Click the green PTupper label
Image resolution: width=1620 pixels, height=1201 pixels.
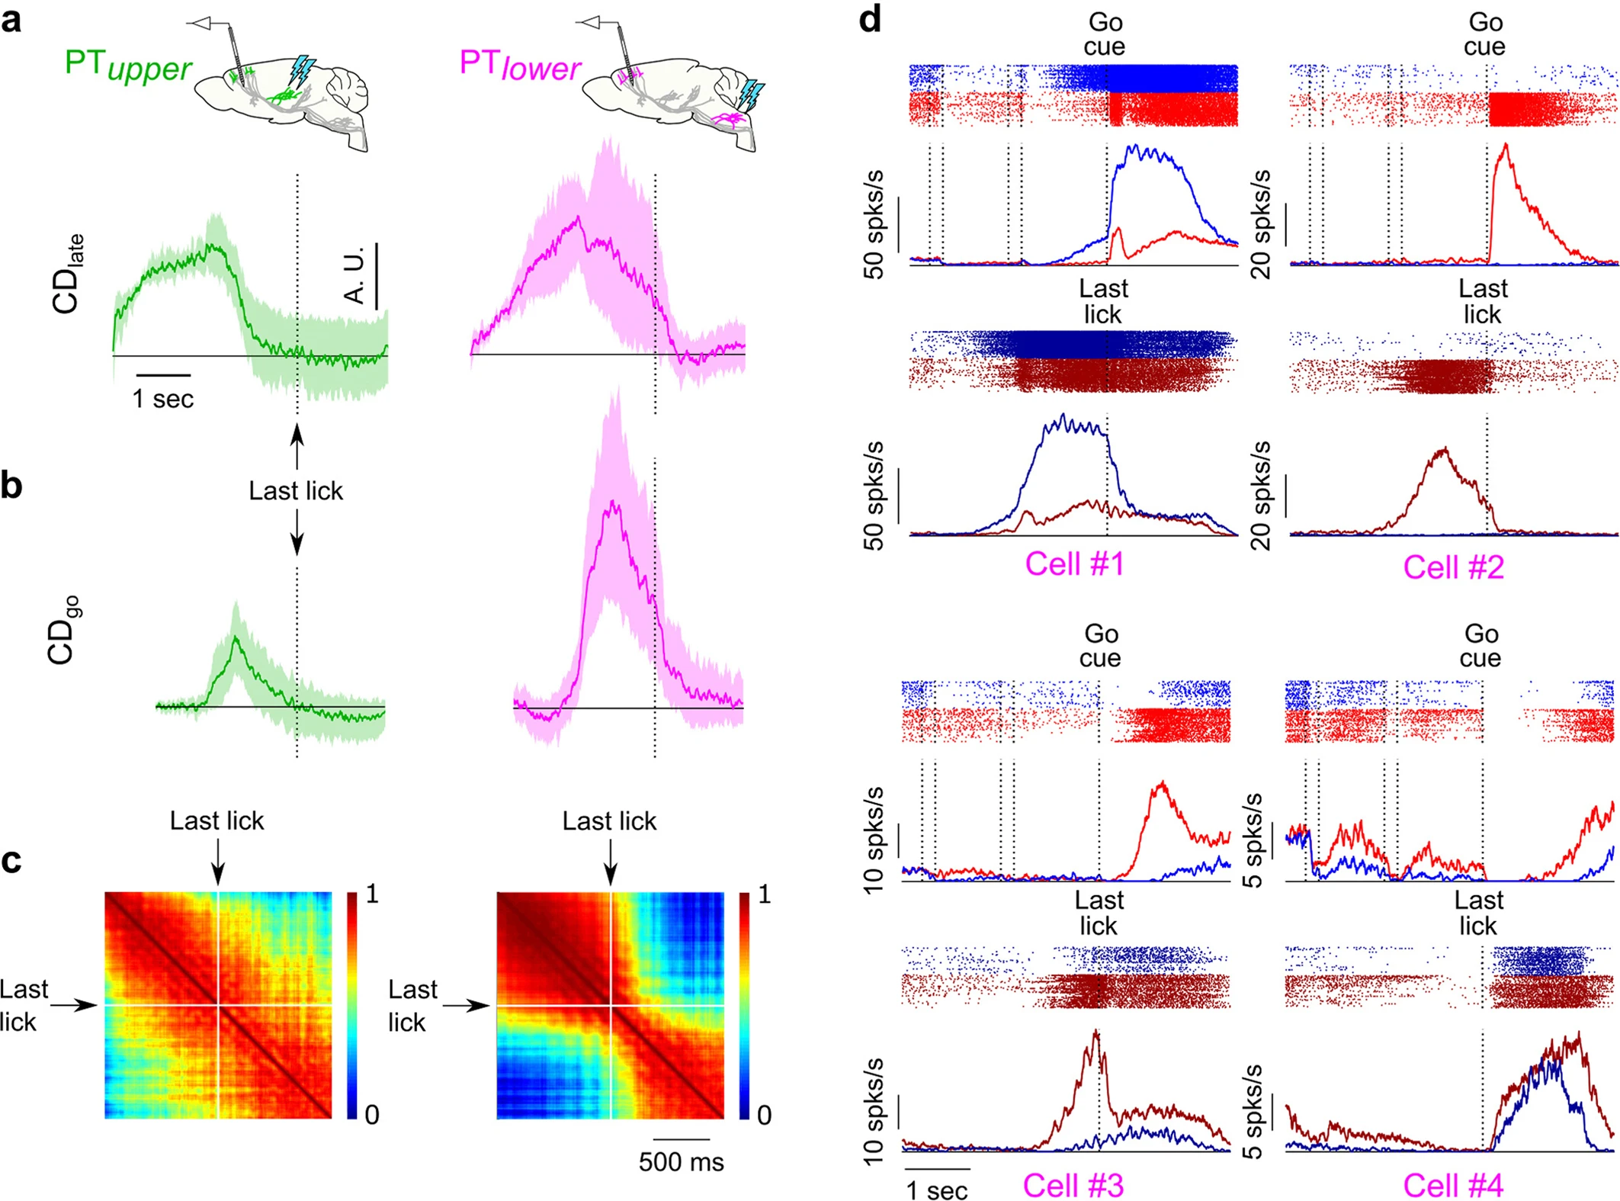pyautogui.click(x=128, y=66)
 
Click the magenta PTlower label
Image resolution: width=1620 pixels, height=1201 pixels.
pyautogui.click(x=520, y=66)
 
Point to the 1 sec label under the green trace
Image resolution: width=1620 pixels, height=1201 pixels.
pyautogui.click(x=163, y=399)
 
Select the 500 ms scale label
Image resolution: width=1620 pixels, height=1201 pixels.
pyautogui.click(x=681, y=1161)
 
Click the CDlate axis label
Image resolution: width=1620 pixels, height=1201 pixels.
pyautogui.click(x=67, y=274)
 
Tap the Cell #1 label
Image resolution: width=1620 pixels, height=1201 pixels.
pyautogui.click(x=1074, y=564)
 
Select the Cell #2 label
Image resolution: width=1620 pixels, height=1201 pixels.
pyautogui.click(x=1453, y=567)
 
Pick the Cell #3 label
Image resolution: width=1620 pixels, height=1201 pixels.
pyautogui.click(x=1073, y=1185)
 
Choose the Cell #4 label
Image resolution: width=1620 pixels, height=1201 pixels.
pyautogui.click(x=1453, y=1185)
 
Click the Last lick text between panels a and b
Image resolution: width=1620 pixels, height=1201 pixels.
pyautogui.click(x=296, y=491)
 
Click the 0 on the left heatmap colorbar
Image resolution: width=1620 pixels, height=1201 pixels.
pyautogui.click(x=372, y=1115)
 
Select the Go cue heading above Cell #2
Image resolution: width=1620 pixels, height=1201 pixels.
pyautogui.click(x=1484, y=34)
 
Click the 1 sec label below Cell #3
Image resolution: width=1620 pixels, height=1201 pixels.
pyautogui.click(x=937, y=1190)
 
